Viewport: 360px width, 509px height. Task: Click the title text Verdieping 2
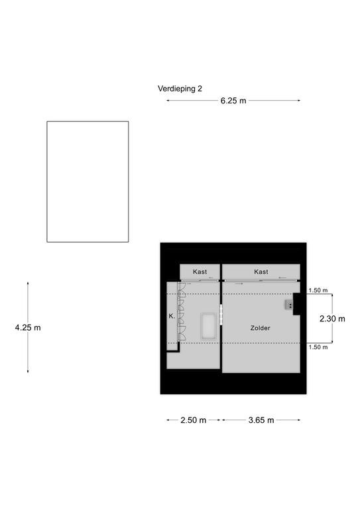(180, 89)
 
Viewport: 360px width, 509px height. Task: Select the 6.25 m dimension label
(233, 101)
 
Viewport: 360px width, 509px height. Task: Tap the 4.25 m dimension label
(28, 327)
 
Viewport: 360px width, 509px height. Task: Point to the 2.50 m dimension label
(194, 420)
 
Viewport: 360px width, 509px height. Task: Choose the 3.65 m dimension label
(261, 420)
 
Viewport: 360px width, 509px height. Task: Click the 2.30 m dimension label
(332, 319)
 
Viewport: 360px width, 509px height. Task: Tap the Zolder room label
(261, 328)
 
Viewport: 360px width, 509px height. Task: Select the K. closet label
(172, 316)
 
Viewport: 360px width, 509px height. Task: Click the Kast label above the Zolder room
(261, 272)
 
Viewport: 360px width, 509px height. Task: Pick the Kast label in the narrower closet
(200, 272)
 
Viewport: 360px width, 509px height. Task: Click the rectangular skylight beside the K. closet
(208, 326)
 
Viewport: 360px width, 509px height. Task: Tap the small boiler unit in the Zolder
(289, 305)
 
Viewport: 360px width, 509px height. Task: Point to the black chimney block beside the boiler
(297, 304)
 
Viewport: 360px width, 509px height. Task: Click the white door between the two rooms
(221, 314)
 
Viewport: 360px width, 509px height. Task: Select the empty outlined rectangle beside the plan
(88, 182)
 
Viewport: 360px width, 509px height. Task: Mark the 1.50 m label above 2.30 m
(318, 290)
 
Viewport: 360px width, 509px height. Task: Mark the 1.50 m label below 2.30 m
(318, 347)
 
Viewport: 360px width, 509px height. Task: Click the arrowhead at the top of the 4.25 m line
(28, 284)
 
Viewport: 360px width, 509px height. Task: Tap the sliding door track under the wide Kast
(261, 280)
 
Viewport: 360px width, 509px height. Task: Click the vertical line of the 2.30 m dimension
(332, 318)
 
